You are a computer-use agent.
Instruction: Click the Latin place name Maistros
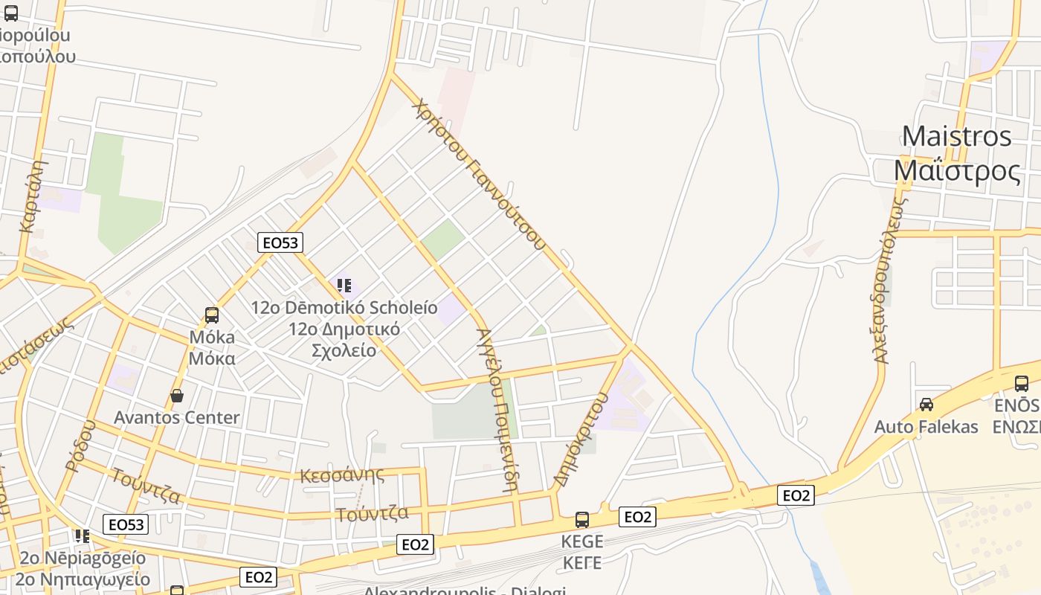tap(957, 137)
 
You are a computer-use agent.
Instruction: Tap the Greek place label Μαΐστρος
tap(957, 171)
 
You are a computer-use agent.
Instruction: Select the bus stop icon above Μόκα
tap(212, 315)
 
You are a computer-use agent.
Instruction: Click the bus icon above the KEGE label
tap(582, 519)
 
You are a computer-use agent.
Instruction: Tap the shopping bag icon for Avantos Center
tap(177, 395)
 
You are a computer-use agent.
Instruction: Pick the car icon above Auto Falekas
tap(926, 404)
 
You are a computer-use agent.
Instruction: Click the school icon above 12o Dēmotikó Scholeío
tap(344, 285)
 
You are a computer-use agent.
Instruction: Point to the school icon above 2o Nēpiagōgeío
tap(83, 535)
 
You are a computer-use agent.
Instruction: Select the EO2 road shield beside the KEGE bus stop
tap(637, 517)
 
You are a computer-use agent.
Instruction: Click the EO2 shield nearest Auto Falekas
tap(796, 495)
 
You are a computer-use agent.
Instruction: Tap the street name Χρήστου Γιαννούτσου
tap(479, 174)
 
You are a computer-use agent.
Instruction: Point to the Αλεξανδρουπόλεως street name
tap(889, 280)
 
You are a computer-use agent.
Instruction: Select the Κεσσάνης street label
tap(342, 475)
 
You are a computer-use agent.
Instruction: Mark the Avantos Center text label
tap(177, 417)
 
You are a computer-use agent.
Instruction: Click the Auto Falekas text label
tap(926, 427)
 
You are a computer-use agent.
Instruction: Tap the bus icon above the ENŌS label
tap(1022, 384)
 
